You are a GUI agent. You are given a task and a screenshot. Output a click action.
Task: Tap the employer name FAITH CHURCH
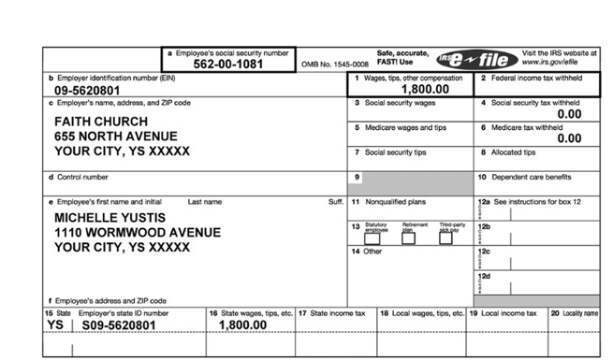click(x=101, y=122)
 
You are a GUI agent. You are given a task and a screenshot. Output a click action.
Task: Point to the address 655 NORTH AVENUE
click(x=116, y=136)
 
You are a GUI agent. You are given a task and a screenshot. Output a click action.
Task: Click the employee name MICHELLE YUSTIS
click(x=110, y=218)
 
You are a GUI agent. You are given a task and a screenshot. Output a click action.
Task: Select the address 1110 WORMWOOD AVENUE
click(x=138, y=232)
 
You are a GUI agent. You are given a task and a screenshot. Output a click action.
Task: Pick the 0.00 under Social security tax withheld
click(x=569, y=114)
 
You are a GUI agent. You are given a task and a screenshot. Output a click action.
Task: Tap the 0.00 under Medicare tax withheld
click(x=569, y=138)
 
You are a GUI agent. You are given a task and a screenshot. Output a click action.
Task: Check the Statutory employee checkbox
click(x=373, y=238)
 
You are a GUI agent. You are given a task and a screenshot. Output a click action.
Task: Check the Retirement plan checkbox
click(x=409, y=238)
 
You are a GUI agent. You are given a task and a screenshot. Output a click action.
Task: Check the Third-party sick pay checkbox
click(x=445, y=238)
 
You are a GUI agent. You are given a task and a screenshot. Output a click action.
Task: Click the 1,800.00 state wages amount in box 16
click(x=243, y=325)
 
